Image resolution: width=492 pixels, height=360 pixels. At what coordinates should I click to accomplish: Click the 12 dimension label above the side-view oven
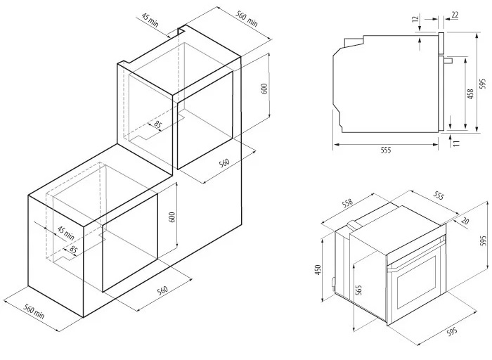click(416, 18)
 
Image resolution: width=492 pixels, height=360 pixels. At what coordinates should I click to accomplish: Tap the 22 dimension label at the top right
click(455, 15)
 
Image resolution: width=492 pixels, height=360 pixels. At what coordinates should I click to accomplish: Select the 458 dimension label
click(470, 94)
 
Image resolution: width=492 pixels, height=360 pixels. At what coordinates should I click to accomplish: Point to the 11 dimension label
click(456, 143)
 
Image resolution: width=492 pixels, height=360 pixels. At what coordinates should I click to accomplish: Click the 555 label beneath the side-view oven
click(386, 150)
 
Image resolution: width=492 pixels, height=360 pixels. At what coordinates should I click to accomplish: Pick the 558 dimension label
click(347, 203)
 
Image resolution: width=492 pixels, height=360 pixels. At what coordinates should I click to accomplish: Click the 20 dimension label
click(465, 221)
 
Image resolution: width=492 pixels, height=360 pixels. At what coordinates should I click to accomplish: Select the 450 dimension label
click(318, 270)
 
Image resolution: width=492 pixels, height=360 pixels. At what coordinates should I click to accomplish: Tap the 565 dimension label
click(359, 290)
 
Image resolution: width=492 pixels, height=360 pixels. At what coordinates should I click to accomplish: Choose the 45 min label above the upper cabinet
click(150, 20)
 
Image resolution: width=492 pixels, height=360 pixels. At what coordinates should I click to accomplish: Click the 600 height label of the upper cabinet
click(264, 89)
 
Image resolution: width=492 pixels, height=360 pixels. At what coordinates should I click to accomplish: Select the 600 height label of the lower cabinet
click(172, 217)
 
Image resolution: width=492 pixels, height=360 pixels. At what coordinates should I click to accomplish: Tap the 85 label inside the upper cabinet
click(158, 125)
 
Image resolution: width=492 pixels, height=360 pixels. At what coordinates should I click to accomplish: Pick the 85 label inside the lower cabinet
click(73, 250)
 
